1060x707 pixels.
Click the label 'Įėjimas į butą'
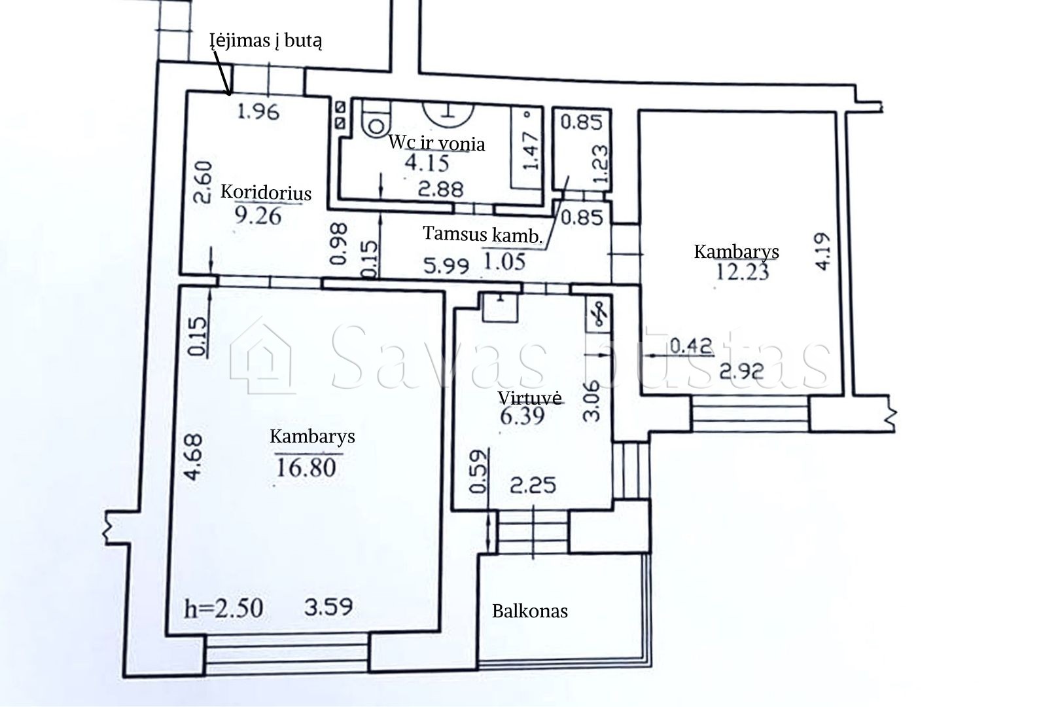266,41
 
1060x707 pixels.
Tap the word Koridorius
266,192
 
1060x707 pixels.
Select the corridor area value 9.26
258,216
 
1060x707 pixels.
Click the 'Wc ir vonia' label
436,143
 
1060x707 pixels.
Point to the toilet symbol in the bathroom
376,120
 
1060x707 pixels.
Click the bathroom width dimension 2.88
440,189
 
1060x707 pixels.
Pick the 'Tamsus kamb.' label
483,234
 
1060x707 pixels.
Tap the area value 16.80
306,468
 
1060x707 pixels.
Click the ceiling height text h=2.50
223,608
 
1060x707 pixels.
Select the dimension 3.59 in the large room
328,607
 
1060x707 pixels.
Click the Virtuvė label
529,398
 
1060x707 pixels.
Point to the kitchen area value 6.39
522,416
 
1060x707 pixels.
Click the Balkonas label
530,611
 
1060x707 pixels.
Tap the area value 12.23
743,272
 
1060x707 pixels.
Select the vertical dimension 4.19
823,251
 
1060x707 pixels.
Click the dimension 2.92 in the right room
741,371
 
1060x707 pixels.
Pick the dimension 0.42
692,346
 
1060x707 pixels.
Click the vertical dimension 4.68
194,457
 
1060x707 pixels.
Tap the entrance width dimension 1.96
258,112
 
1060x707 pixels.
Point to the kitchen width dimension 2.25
533,485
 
